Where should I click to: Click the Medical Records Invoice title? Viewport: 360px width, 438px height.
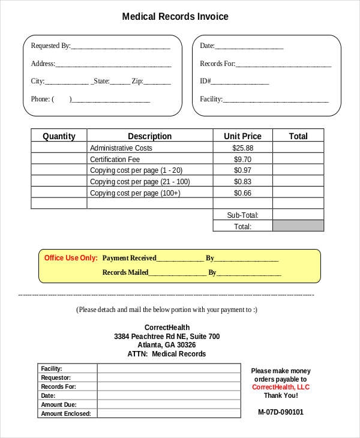(x=175, y=17)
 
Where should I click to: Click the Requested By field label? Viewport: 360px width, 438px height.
(x=50, y=46)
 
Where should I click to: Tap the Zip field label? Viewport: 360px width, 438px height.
(x=137, y=81)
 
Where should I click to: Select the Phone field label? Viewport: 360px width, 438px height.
(x=40, y=99)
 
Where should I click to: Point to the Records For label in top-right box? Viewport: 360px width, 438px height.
(x=217, y=64)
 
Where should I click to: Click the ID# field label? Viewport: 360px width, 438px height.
(x=205, y=81)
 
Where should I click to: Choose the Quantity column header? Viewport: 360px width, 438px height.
(x=59, y=136)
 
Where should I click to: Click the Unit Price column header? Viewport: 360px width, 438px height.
(x=242, y=136)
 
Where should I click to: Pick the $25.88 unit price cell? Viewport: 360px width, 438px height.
(x=242, y=148)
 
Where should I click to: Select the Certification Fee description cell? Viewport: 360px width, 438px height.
(x=115, y=159)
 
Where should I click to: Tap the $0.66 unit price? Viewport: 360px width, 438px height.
(x=242, y=193)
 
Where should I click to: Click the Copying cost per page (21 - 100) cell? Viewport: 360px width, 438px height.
(x=140, y=182)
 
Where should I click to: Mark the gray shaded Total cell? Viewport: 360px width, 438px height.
(x=298, y=226)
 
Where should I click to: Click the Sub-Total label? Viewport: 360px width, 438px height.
(x=242, y=215)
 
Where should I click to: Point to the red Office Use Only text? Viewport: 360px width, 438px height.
(x=71, y=258)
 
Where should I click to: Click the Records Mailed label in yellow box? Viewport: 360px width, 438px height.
(x=125, y=272)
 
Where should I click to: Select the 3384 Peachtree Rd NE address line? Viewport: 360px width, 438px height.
(x=167, y=337)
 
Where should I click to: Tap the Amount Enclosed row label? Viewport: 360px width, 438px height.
(x=65, y=414)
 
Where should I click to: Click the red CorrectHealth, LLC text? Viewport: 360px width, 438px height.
(x=280, y=387)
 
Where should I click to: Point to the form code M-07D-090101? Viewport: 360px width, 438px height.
(x=280, y=412)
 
